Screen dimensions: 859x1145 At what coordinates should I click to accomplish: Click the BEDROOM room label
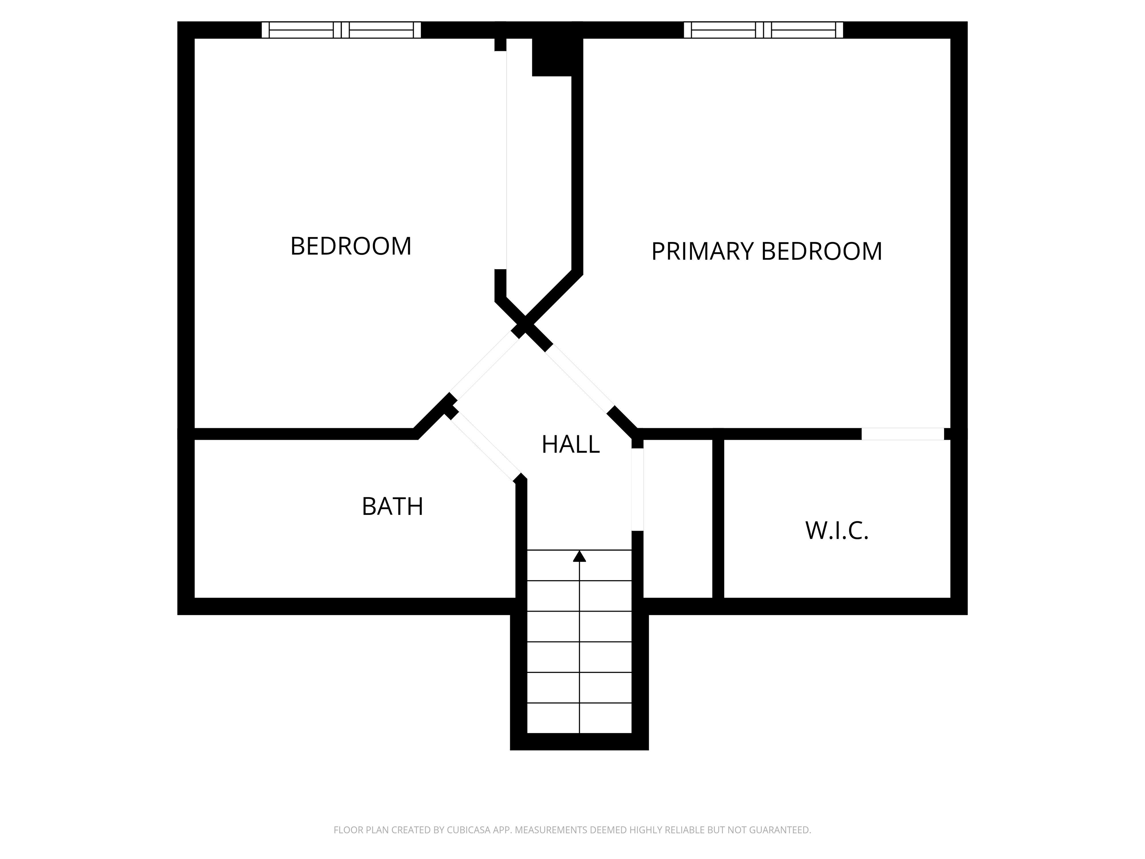point(351,246)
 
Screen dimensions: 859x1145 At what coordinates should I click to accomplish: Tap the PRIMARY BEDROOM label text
point(766,251)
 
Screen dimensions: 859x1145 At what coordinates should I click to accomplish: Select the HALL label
point(570,444)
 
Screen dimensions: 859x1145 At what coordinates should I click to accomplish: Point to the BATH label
point(392,506)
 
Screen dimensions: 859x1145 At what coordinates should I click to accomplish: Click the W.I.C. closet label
point(836,531)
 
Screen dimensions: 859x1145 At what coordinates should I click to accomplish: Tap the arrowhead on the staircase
point(579,557)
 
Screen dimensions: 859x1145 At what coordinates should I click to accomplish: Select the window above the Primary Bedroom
point(763,30)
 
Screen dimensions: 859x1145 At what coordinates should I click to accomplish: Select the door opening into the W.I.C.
point(902,434)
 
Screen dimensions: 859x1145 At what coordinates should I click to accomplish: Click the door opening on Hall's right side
point(637,489)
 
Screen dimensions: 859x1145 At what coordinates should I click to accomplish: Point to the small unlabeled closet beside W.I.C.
point(678,518)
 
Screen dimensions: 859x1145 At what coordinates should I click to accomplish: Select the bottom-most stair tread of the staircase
point(579,718)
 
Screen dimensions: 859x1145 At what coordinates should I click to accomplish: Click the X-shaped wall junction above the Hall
point(526,328)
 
